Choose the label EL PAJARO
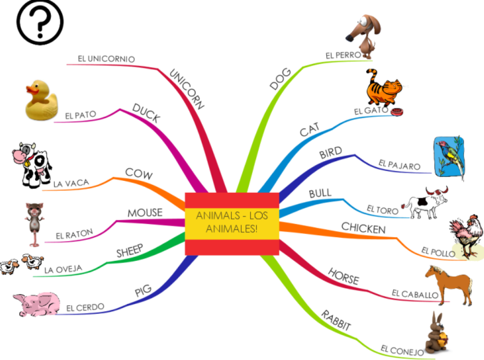pyautogui.click(x=400, y=165)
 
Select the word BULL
pyautogui.click(x=320, y=194)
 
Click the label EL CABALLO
pyautogui.click(x=415, y=294)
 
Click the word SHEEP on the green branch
pyautogui.click(x=130, y=252)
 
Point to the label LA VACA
pyautogui.click(x=72, y=183)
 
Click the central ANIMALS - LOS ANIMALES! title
pyautogui.click(x=232, y=222)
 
